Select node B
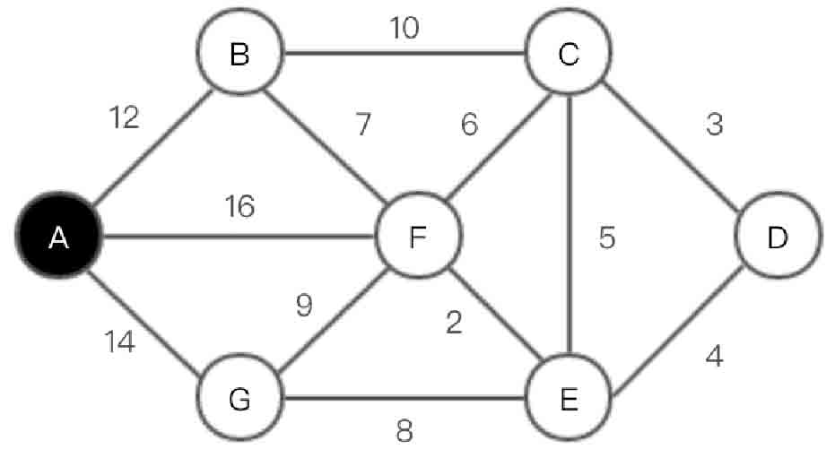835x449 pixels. coord(239,56)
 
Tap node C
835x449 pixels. coord(568,56)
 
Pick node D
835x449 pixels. coord(777,237)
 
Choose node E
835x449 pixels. coord(568,399)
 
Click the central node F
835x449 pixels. coord(418,237)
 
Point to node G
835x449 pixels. coord(239,399)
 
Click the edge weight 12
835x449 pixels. coord(125,118)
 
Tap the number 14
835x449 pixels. coord(120,341)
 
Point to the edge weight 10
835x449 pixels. coord(404,29)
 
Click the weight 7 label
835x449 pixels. coord(362,125)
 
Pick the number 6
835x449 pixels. coord(469,125)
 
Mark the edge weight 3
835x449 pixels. coord(714,125)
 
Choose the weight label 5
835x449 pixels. coord(607,240)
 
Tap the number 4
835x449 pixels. coord(714,357)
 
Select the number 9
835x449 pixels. coord(305,307)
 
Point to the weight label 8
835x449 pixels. coord(404,432)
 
